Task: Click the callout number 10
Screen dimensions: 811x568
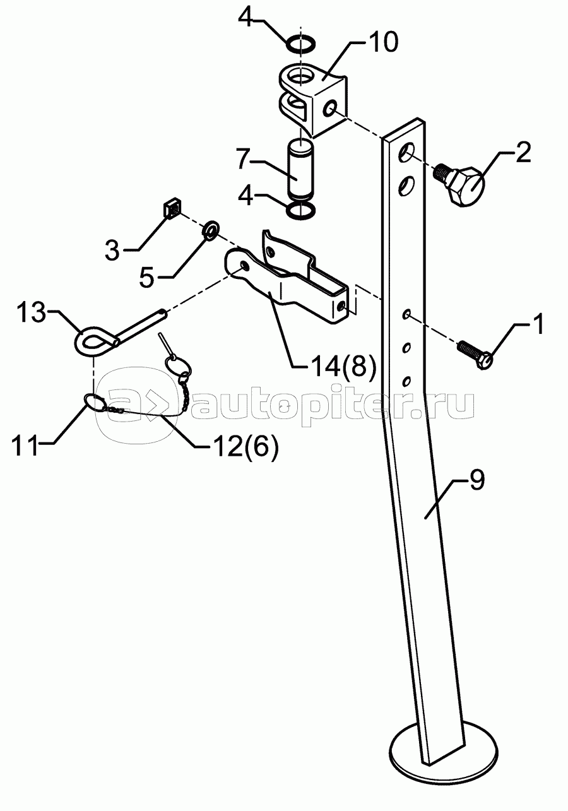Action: [382, 44]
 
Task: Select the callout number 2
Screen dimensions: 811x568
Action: [523, 153]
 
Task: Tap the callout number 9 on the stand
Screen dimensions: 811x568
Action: [476, 481]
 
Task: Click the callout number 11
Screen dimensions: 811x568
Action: [25, 444]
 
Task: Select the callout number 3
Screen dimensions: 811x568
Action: [112, 251]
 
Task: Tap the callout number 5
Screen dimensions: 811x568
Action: [146, 278]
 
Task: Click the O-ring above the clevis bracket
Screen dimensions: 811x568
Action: [301, 44]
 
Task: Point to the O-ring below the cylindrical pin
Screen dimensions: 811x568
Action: [301, 211]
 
